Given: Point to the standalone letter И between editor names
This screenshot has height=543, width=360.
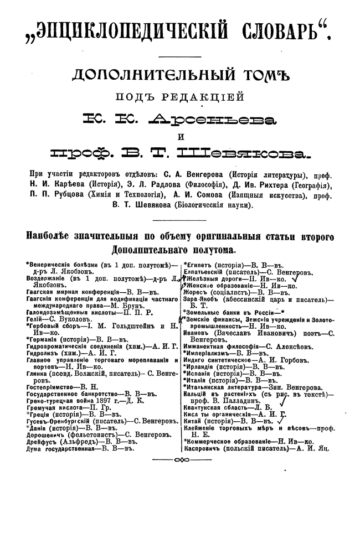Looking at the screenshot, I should [180, 137].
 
